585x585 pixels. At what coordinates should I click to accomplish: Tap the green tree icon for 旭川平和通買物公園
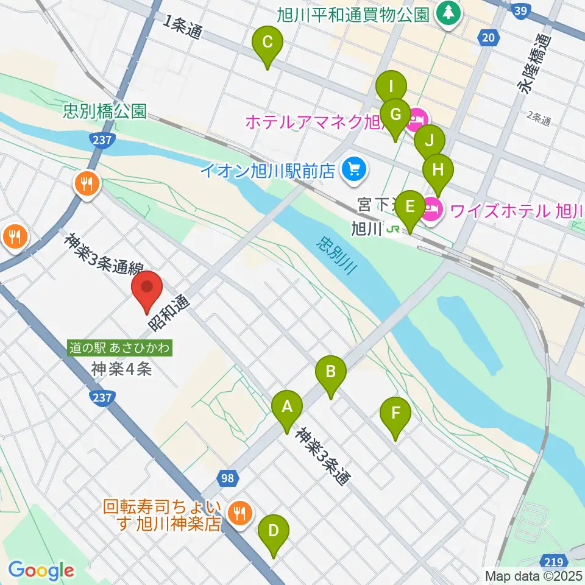pos(448,13)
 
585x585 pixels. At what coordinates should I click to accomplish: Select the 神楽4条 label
pos(121,369)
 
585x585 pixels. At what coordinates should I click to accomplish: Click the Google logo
pos(41,570)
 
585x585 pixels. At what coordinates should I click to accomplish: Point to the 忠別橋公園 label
pos(105,112)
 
